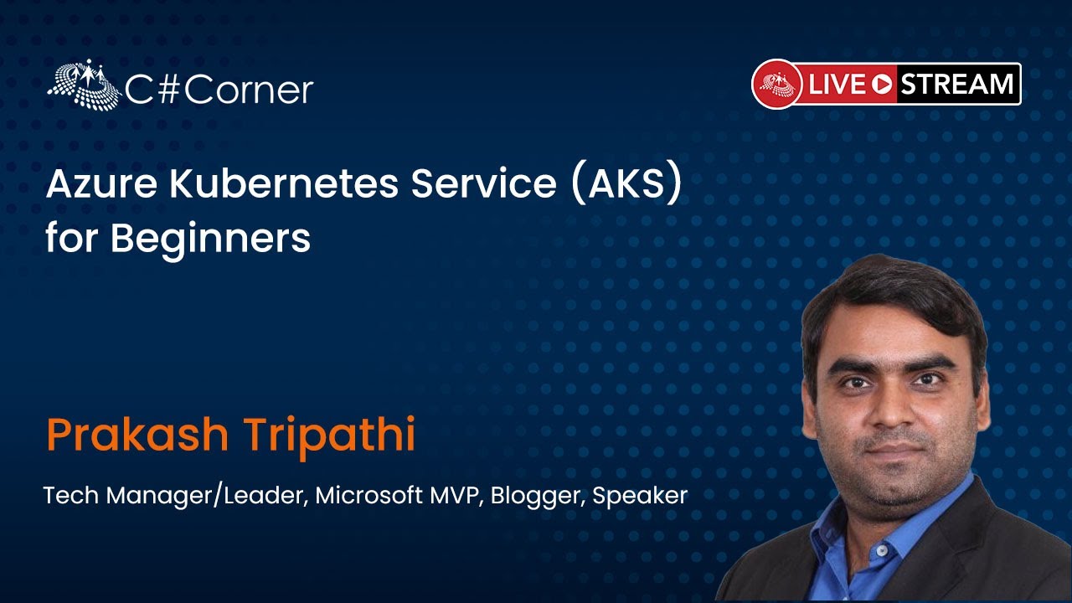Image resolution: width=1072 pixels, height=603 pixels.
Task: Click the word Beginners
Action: pos(210,238)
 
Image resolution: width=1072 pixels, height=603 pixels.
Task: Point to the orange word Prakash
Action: pos(137,435)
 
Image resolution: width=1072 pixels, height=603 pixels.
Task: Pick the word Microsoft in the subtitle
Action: pos(369,495)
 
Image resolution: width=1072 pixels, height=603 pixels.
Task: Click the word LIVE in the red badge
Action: pos(837,85)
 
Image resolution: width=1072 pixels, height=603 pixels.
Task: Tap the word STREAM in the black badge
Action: pos(957,85)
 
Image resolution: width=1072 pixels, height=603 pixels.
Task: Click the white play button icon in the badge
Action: pos(882,85)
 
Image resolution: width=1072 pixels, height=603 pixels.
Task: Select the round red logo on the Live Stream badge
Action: pos(776,85)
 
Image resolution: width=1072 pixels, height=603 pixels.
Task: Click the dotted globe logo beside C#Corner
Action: pos(85,85)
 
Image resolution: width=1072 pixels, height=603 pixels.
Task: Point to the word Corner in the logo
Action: pos(249,90)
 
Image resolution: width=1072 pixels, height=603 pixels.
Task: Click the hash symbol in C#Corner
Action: pos(168,90)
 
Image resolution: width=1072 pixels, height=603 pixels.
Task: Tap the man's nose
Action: pos(890,411)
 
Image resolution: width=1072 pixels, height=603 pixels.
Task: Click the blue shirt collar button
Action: pos(880,552)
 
